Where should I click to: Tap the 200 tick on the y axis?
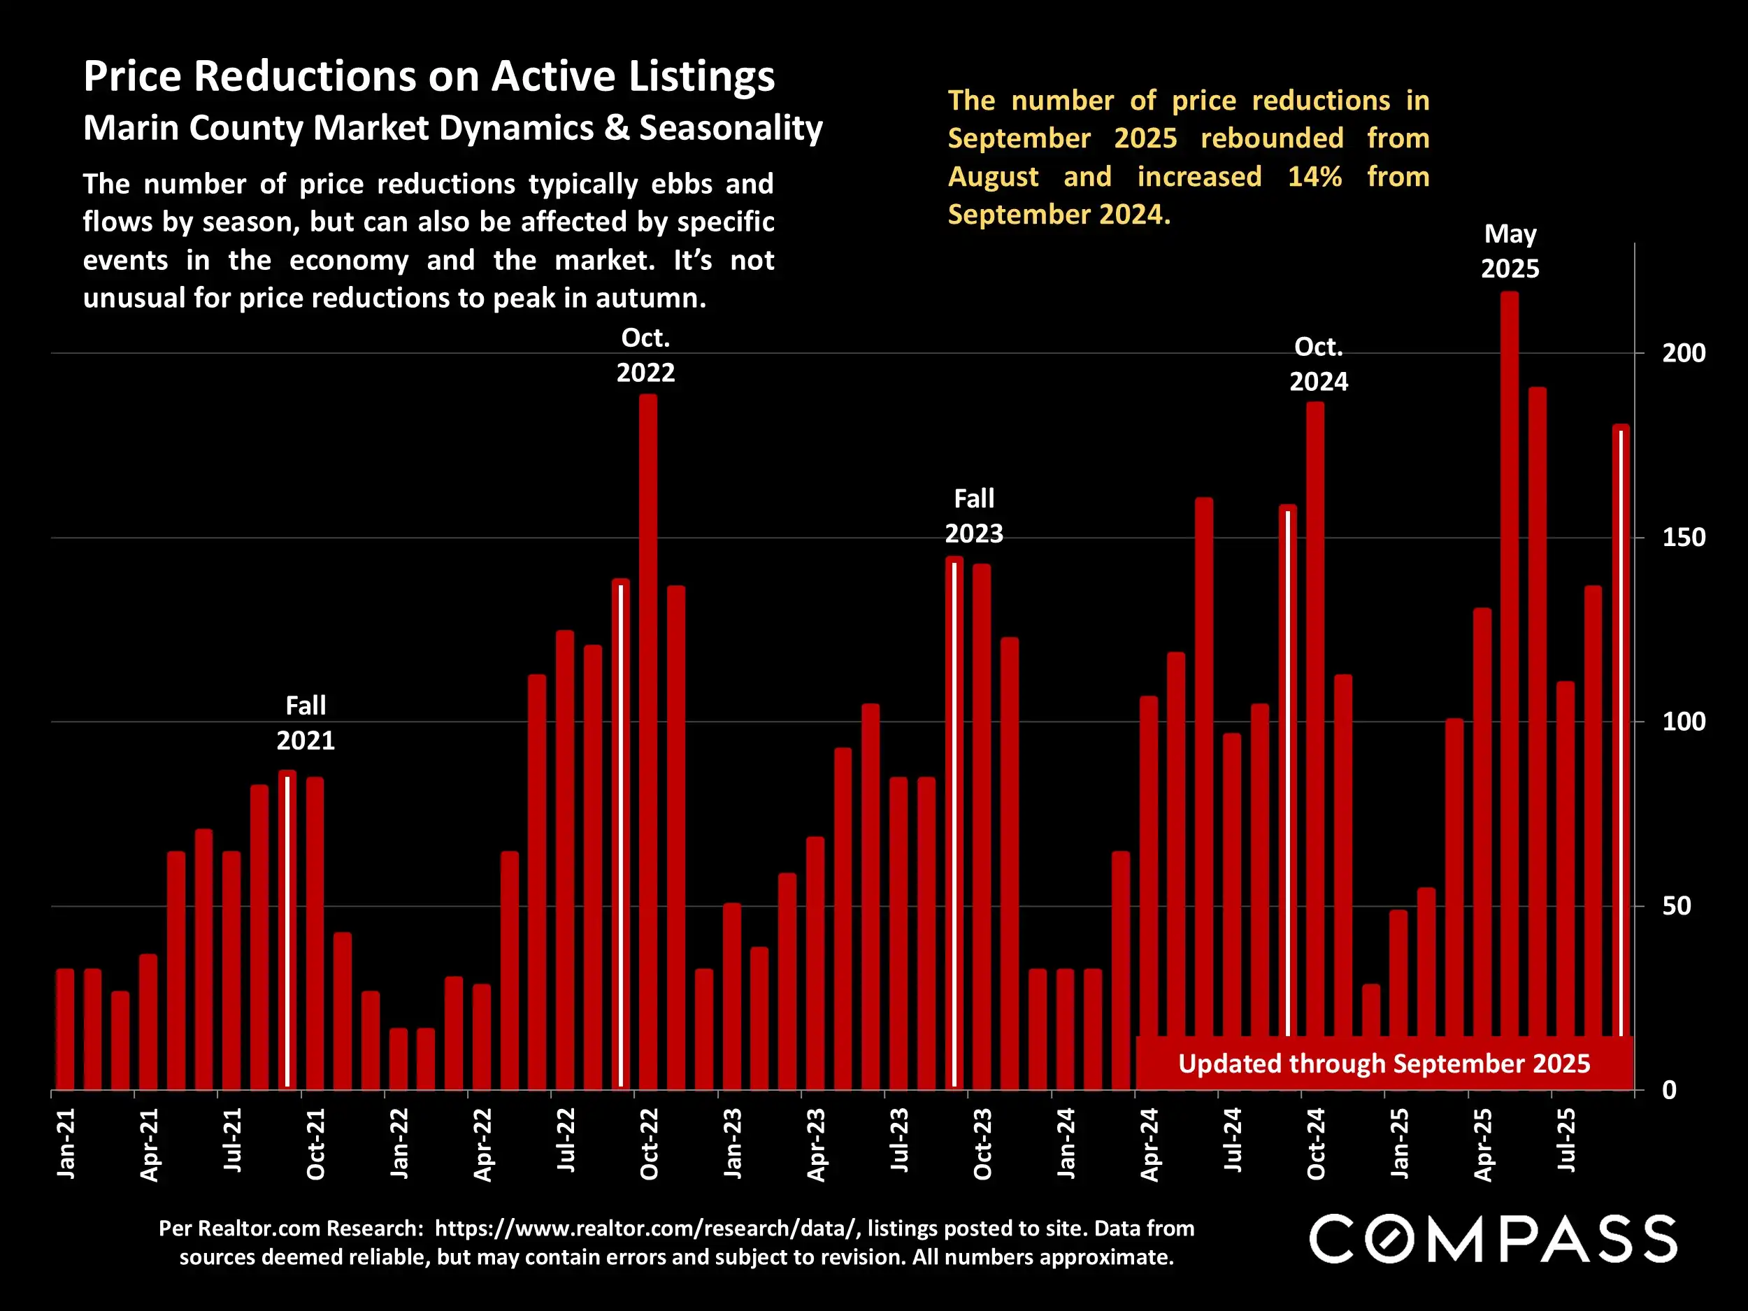(x=1683, y=353)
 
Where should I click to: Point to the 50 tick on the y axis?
(x=1677, y=905)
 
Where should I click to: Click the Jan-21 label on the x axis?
(x=66, y=1142)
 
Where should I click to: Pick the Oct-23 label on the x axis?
(x=982, y=1143)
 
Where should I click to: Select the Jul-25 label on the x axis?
(x=1566, y=1140)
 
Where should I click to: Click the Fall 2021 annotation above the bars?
(x=306, y=723)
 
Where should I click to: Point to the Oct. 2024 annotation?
(x=1318, y=364)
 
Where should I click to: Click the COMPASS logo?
(x=1493, y=1239)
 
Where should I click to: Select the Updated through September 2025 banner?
(x=1384, y=1063)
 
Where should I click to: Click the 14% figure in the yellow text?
(x=1314, y=176)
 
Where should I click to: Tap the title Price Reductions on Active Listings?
(x=429, y=77)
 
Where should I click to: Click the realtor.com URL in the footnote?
(x=645, y=1228)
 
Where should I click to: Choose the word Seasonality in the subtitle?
(x=731, y=128)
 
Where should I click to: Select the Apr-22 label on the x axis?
(x=482, y=1143)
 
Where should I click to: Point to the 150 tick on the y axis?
(x=1683, y=538)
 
